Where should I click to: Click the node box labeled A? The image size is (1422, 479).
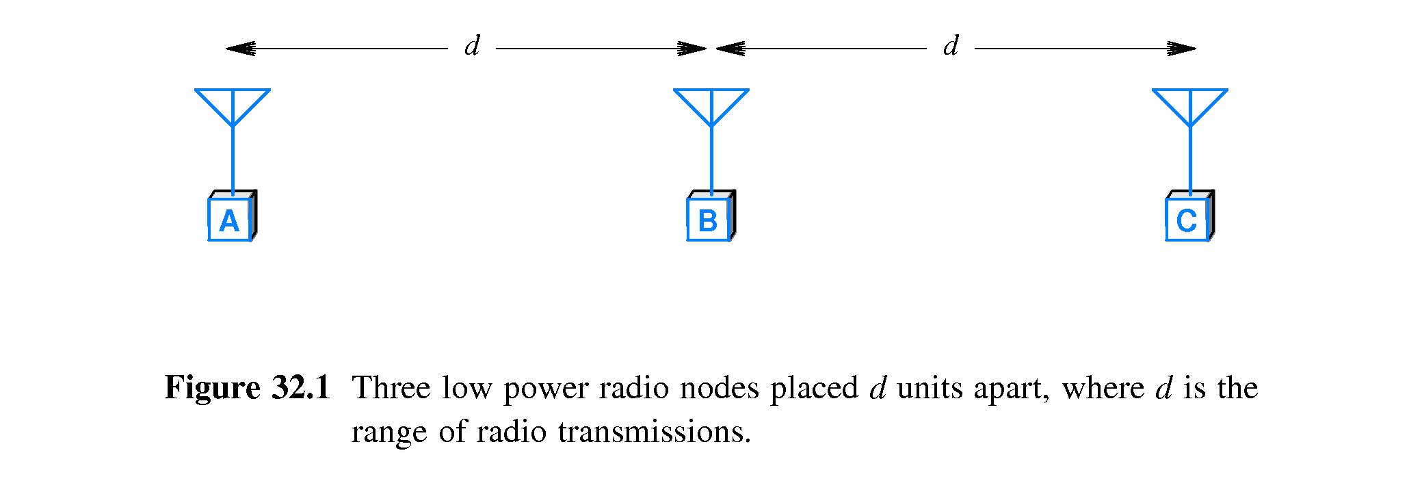tap(231, 220)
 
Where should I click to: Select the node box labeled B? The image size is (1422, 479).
tap(709, 220)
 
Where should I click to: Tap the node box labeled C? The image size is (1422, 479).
tap(1188, 220)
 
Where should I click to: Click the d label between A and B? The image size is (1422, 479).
tap(472, 47)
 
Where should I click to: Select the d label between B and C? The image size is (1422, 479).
tap(951, 47)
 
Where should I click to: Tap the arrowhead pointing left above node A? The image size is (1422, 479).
tap(239, 49)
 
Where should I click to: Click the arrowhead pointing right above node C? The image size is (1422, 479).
tap(1182, 49)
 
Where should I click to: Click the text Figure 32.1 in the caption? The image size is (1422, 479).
tap(247, 389)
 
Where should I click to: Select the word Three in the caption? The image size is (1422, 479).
tap(390, 389)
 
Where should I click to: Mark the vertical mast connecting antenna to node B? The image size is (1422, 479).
tap(711, 161)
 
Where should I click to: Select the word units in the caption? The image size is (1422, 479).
tap(927, 389)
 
